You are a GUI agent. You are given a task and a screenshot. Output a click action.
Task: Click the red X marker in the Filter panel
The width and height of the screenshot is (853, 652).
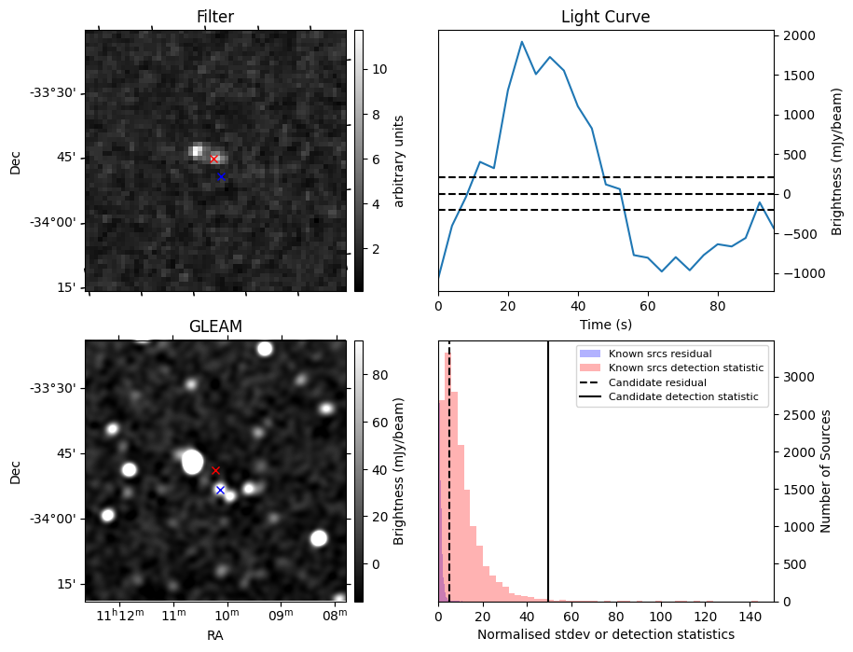(x=213, y=159)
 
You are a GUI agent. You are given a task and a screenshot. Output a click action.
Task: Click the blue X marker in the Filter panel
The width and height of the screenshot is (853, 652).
(x=221, y=176)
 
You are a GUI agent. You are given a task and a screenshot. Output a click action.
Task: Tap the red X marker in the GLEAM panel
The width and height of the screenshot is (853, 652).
(x=215, y=470)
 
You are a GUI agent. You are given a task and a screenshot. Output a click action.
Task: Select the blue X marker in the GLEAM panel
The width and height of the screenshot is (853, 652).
(x=220, y=490)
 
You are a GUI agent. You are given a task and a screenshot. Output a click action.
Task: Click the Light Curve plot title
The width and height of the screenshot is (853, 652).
(x=605, y=17)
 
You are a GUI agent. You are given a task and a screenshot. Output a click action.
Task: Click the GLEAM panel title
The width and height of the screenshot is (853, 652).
(x=215, y=326)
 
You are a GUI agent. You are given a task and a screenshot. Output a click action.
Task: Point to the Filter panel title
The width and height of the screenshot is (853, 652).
(x=215, y=17)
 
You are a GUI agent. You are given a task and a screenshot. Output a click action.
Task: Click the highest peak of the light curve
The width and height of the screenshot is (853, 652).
(x=522, y=42)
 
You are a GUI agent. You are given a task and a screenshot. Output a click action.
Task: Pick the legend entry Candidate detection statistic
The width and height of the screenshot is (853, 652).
(x=682, y=397)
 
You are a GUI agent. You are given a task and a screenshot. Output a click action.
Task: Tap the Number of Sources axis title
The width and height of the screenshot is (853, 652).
(x=826, y=471)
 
